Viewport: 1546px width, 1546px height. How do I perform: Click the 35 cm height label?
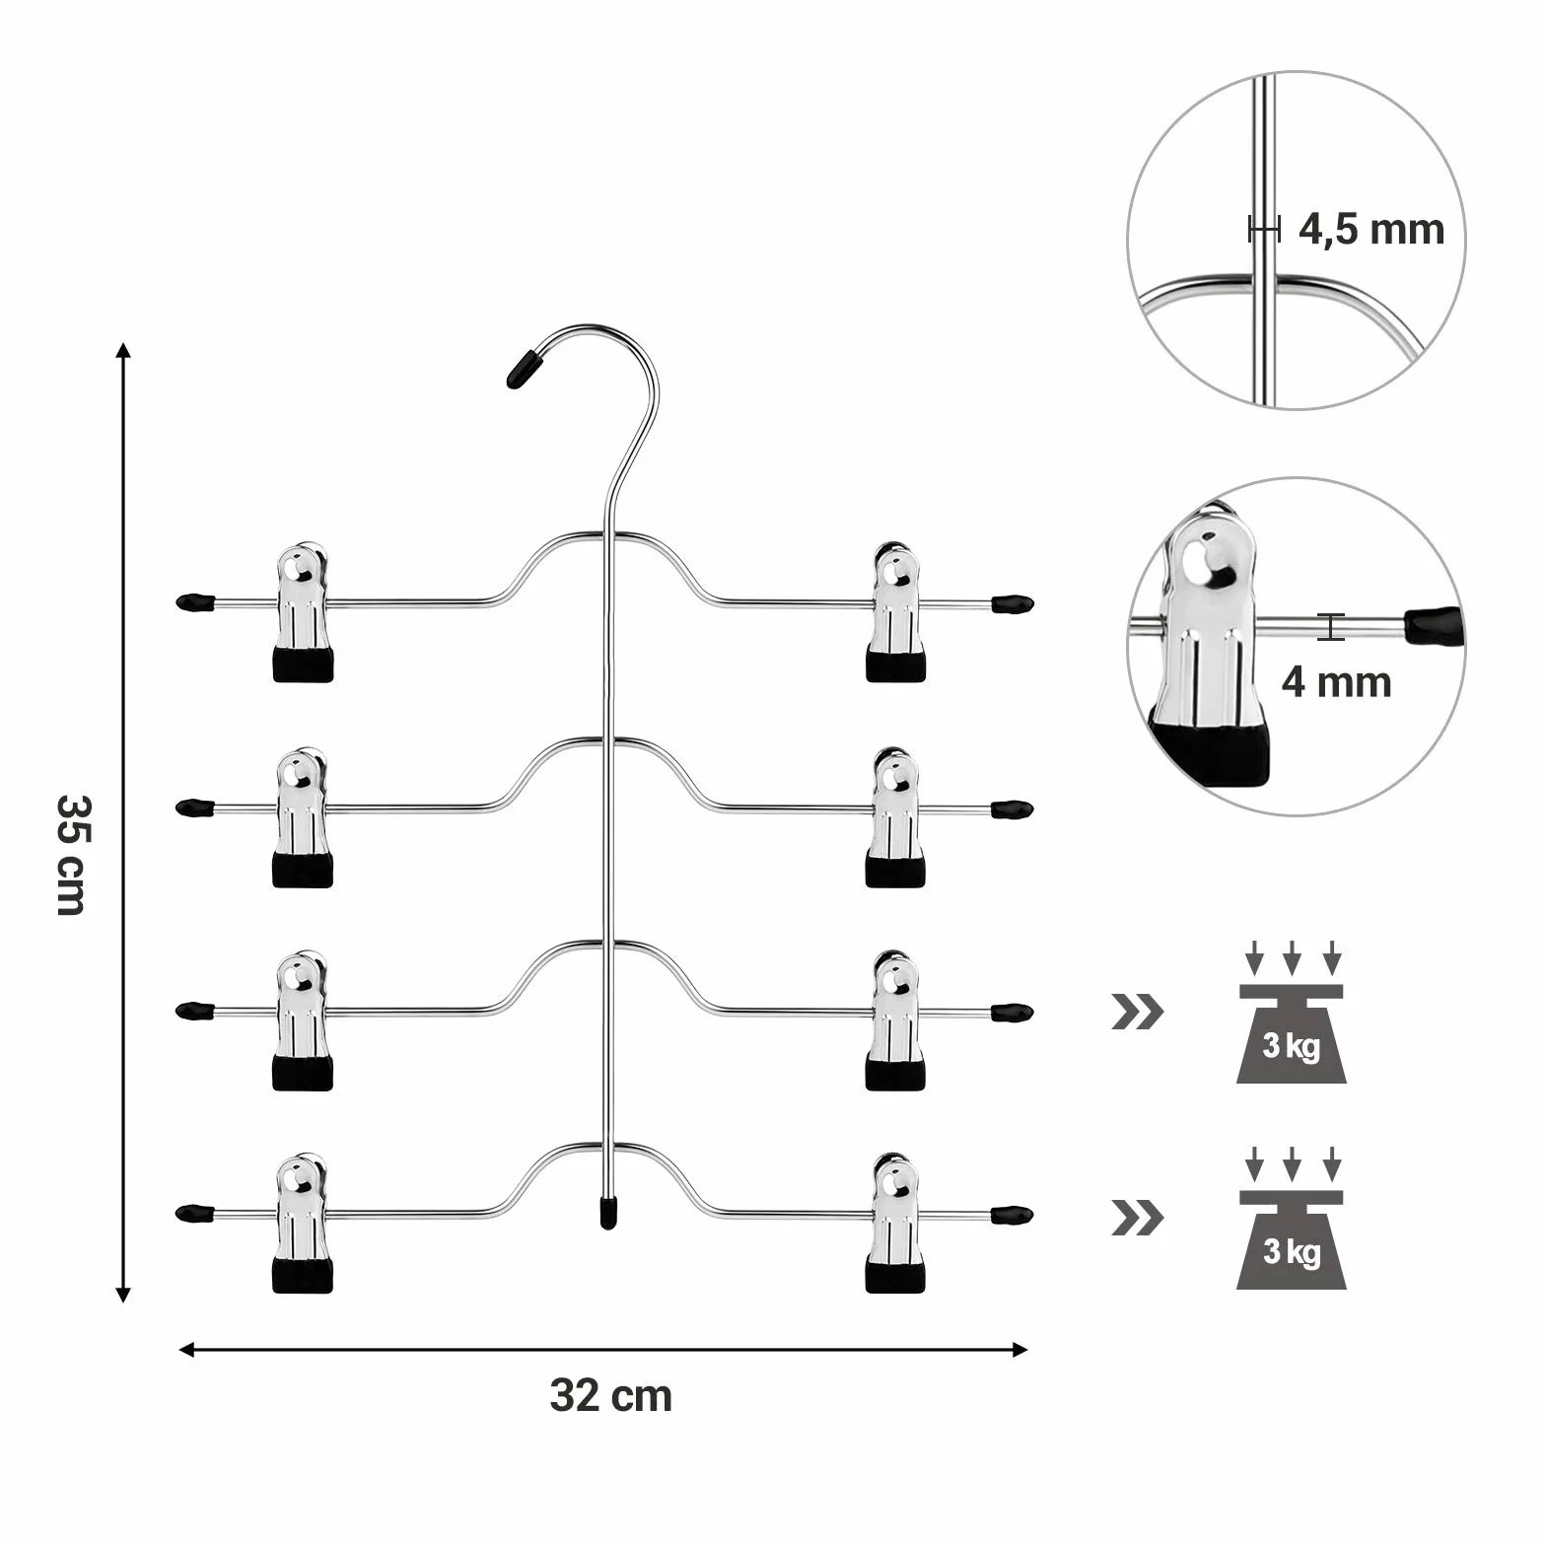click(71, 855)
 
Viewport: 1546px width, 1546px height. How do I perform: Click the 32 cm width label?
click(611, 1396)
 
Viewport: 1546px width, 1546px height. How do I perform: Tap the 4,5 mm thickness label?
click(1370, 230)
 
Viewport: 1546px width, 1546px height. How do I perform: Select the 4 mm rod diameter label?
click(1337, 682)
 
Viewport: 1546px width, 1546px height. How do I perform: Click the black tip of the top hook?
click(524, 370)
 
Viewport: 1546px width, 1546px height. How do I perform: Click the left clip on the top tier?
click(303, 612)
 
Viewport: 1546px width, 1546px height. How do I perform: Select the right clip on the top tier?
click(895, 612)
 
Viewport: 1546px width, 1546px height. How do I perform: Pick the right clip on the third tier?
click(895, 1020)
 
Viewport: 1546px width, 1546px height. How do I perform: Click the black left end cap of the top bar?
click(195, 600)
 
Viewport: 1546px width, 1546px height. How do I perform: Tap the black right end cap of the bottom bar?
click(1012, 1214)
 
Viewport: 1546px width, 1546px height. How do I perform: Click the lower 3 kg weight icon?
click(1292, 1219)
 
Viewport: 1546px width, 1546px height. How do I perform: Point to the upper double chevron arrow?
click(1137, 1012)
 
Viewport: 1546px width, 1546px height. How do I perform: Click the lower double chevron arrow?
click(1137, 1219)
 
